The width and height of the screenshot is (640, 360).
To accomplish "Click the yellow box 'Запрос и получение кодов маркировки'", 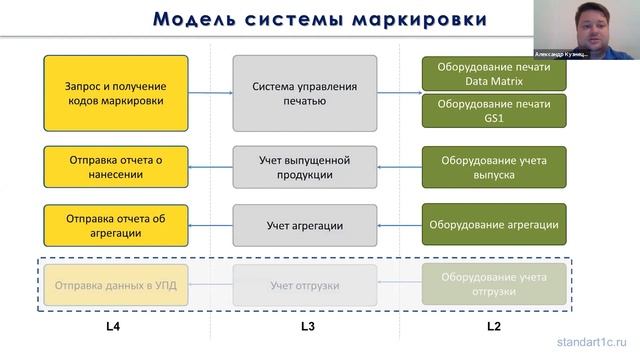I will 115,93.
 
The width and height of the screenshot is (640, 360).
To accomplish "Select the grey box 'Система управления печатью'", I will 305,93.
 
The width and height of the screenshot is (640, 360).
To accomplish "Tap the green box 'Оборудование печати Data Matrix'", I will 494,73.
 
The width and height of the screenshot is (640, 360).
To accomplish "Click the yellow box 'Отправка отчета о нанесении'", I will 115,166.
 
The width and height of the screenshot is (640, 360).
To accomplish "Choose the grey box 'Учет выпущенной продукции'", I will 305,166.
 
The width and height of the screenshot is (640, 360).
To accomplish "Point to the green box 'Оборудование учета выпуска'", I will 494,166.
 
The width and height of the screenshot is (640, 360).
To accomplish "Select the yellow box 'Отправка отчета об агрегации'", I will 115,225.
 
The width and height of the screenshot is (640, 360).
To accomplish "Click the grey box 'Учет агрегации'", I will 305,225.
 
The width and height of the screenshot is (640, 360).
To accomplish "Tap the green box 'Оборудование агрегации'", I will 494,225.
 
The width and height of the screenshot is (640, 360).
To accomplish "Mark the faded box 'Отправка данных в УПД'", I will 115,285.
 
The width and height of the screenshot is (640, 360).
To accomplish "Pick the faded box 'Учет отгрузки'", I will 305,285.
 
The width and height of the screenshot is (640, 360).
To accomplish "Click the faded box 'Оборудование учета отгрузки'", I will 494,285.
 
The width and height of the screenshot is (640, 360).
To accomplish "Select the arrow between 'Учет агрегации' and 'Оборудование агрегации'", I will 399,225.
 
